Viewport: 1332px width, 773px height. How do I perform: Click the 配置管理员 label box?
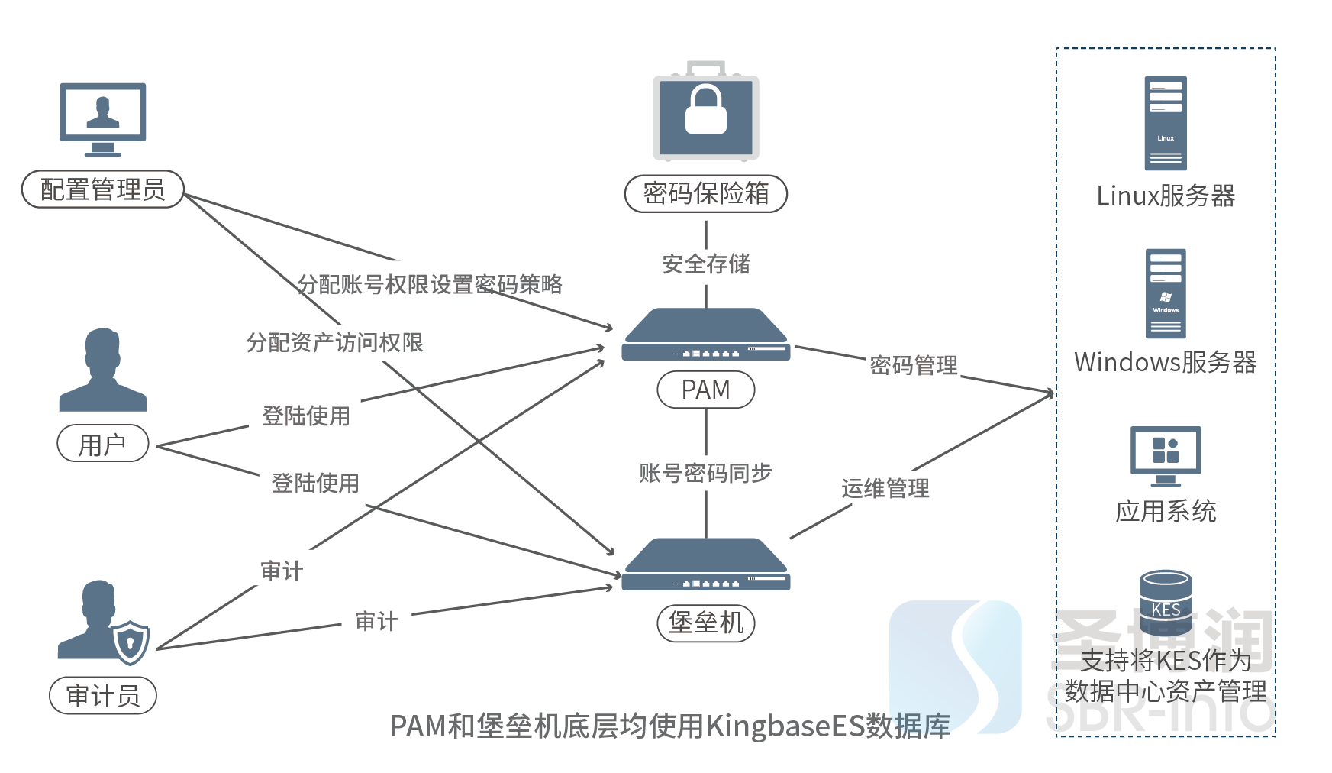(103, 189)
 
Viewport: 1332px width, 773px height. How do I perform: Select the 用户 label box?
(103, 444)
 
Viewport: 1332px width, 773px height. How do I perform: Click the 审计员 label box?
(103, 696)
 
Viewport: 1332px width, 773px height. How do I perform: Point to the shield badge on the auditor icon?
(131, 642)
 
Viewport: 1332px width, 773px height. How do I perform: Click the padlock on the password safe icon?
(706, 111)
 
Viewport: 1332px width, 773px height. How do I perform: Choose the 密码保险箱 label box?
(706, 193)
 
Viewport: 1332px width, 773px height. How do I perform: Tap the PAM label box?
(706, 390)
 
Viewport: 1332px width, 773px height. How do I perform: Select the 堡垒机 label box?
(706, 623)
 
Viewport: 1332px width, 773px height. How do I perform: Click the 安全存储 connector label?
(706, 264)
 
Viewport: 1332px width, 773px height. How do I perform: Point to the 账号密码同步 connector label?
(706, 474)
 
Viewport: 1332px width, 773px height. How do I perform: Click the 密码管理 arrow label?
(914, 366)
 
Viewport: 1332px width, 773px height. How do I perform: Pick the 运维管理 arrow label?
(885, 489)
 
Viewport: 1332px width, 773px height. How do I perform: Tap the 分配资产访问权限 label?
(334, 343)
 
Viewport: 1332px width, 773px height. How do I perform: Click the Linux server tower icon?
(1166, 124)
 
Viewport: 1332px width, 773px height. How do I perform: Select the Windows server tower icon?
(1166, 293)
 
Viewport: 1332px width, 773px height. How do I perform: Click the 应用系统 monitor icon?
(1166, 455)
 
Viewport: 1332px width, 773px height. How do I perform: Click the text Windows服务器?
(1166, 362)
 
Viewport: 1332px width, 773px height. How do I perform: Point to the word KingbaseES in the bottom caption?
(785, 726)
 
